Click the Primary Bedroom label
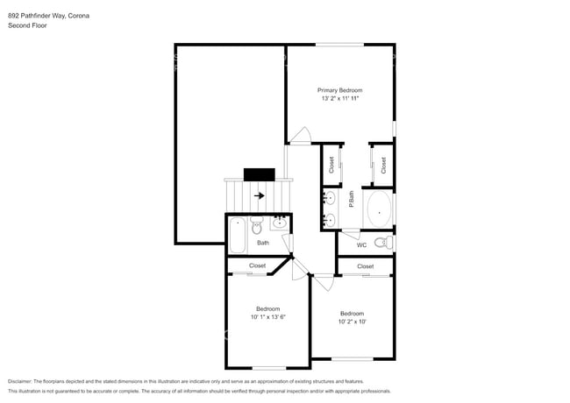(x=339, y=90)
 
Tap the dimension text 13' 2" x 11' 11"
(x=339, y=99)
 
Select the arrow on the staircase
(x=260, y=195)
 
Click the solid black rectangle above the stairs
(x=260, y=174)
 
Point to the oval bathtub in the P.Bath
(x=379, y=210)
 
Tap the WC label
(x=361, y=244)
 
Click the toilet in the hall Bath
(x=258, y=228)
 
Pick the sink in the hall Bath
(x=280, y=223)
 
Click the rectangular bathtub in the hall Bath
(x=238, y=237)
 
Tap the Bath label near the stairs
(x=263, y=243)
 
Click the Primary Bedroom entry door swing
(x=301, y=136)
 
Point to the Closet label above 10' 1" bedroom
(x=257, y=265)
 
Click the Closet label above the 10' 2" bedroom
(x=365, y=266)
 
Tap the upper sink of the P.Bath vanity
(x=330, y=196)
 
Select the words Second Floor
(x=27, y=25)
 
